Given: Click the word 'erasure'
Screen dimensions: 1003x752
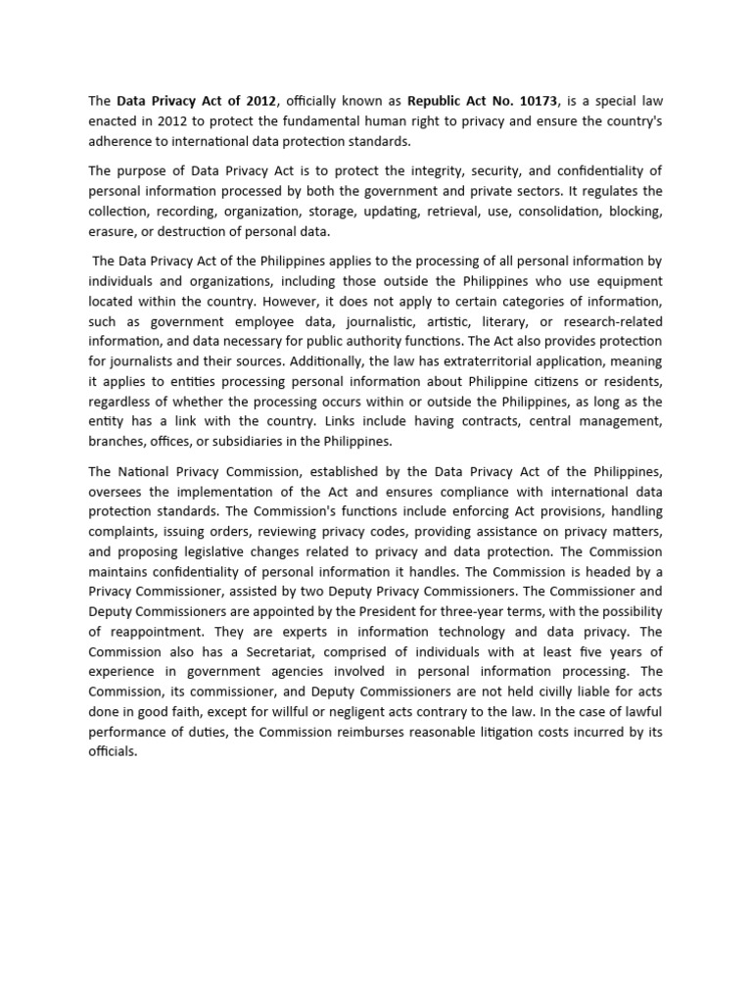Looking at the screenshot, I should [x=113, y=232].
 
